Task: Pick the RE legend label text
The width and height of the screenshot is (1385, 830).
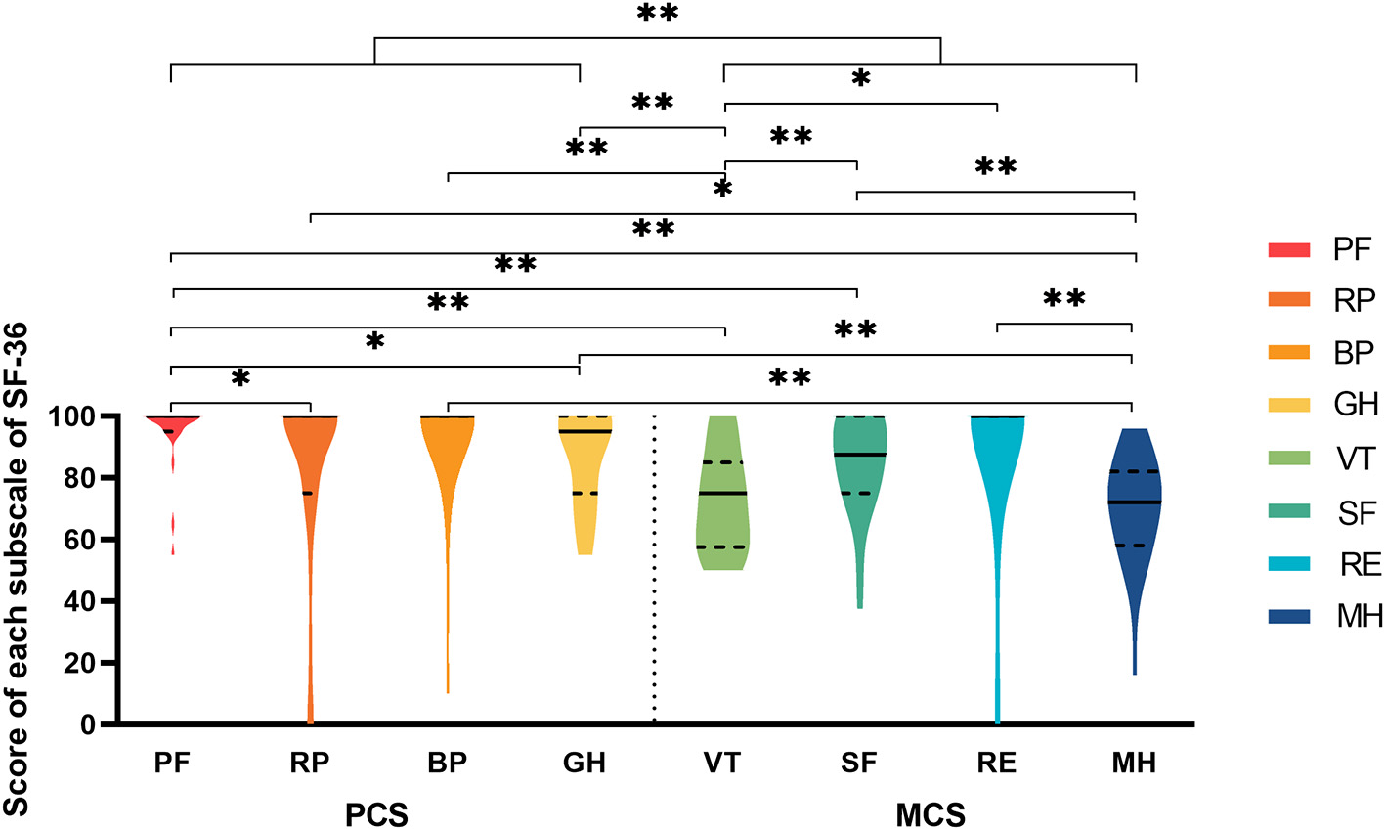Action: [1360, 564]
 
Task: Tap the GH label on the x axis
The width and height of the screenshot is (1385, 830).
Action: [584, 764]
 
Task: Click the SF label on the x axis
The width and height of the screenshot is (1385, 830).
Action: [859, 764]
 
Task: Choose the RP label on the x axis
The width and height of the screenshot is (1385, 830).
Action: [310, 764]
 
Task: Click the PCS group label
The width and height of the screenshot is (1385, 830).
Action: [376, 813]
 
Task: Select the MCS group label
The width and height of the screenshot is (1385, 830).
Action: [931, 813]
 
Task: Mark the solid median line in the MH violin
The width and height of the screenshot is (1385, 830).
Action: [1134, 502]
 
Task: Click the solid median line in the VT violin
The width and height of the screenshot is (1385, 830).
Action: [722, 493]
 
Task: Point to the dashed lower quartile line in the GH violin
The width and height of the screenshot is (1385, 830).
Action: [584, 493]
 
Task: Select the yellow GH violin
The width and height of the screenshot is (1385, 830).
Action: [584, 518]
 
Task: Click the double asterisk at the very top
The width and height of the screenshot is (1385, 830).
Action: [657, 15]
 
